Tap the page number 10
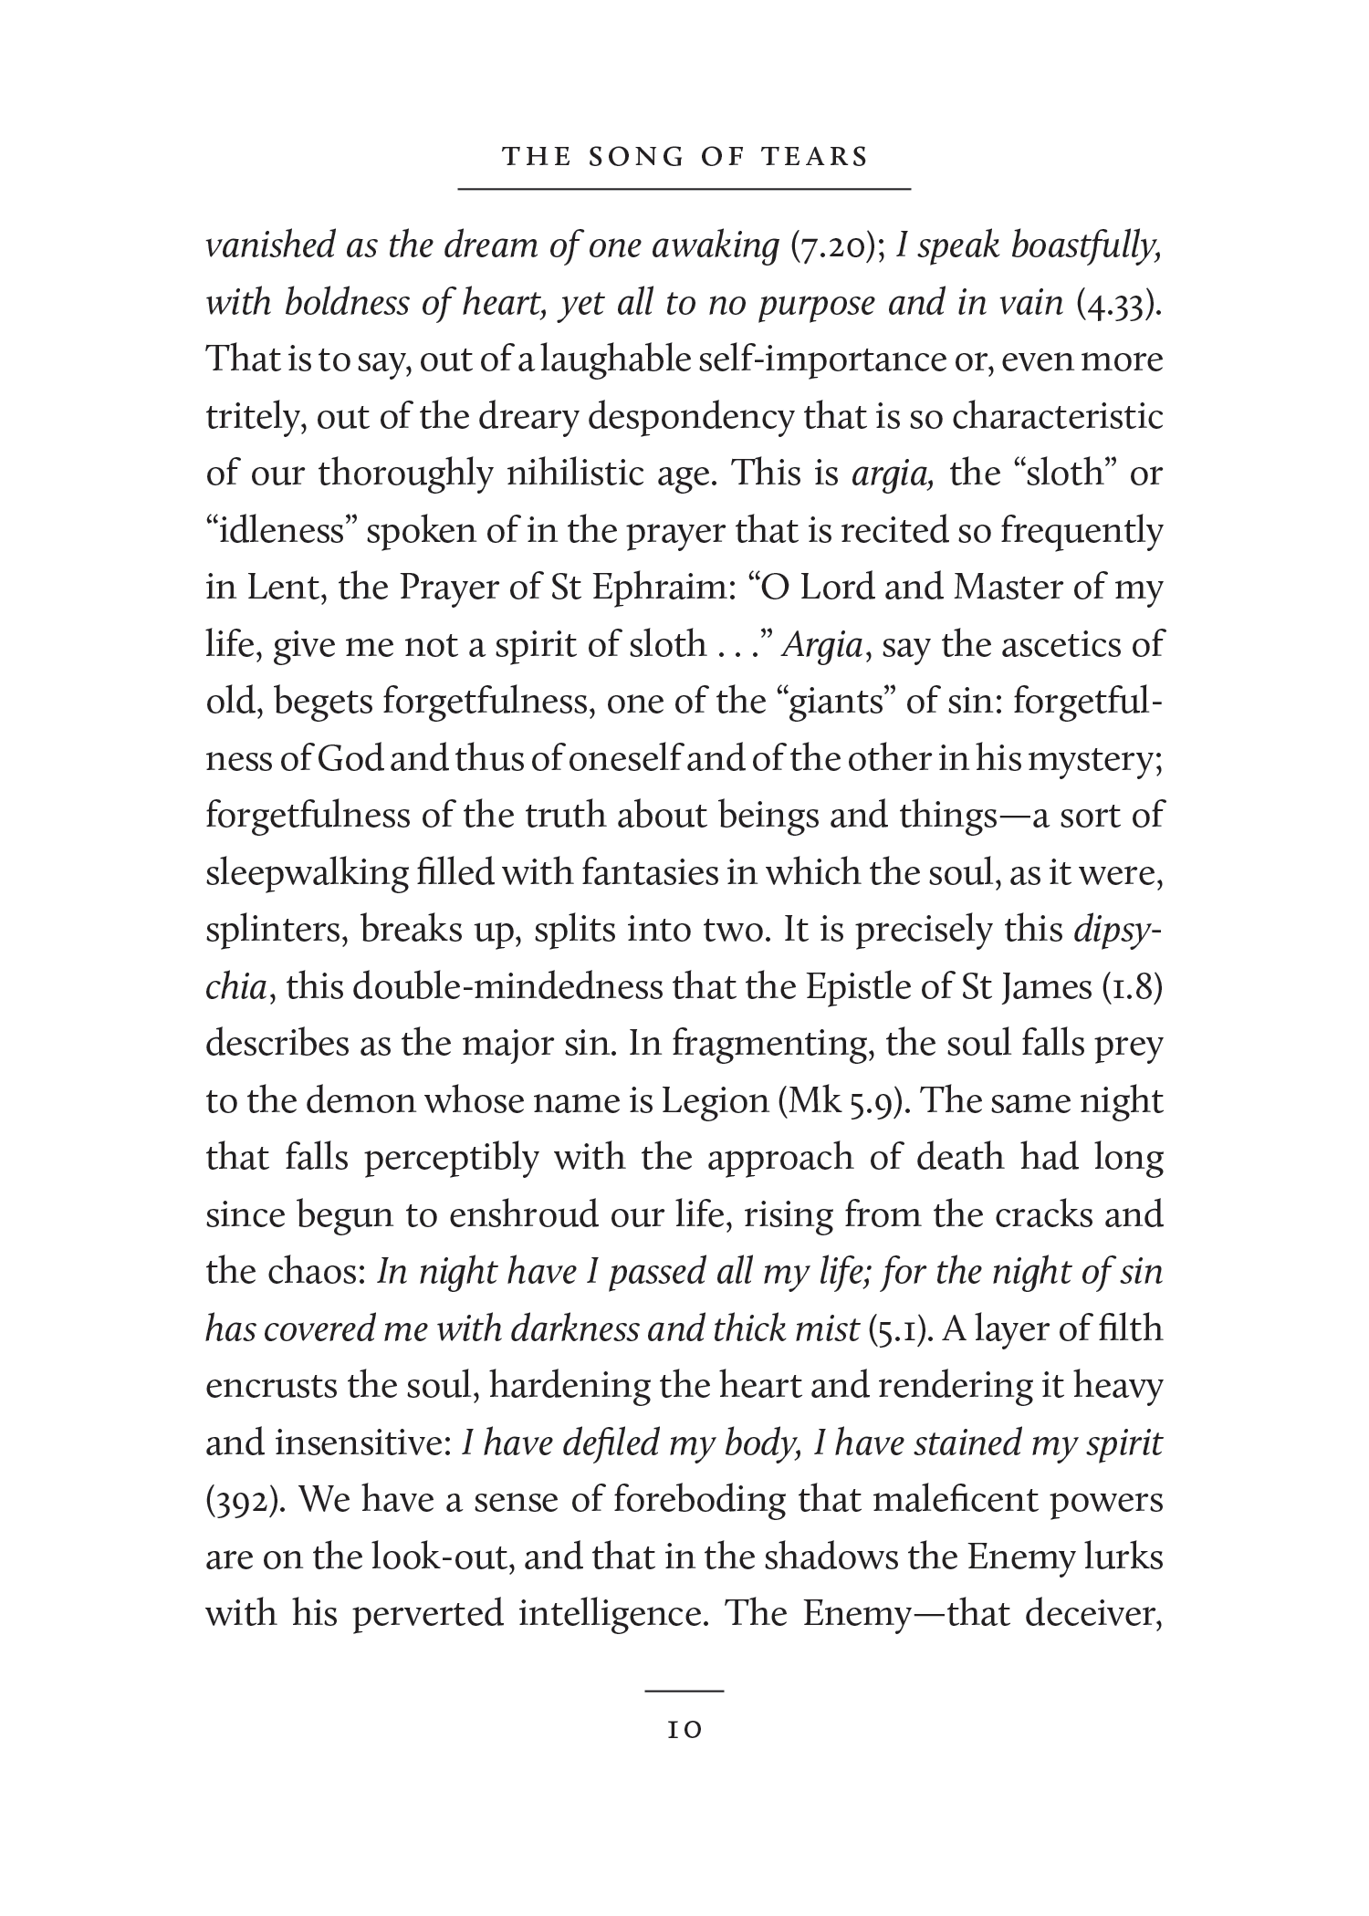pos(684,1729)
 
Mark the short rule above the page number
pos(684,1691)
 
